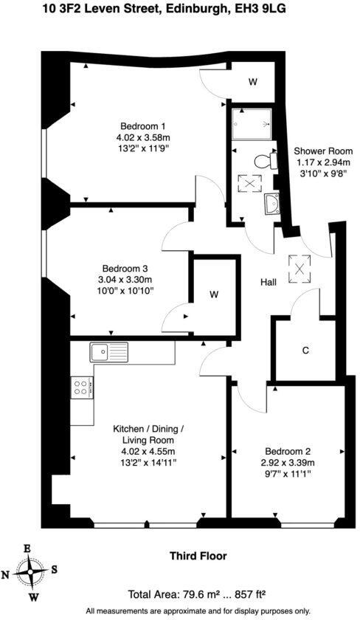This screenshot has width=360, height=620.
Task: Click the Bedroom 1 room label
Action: click(x=142, y=125)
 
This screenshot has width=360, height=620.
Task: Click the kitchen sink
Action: click(x=109, y=352)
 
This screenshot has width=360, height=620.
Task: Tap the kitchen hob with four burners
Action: click(x=81, y=386)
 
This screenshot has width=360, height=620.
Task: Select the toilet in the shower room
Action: click(x=260, y=160)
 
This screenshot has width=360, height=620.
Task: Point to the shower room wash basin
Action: click(x=271, y=204)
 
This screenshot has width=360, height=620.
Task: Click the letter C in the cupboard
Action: click(x=305, y=351)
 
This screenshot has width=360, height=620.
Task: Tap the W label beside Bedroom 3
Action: click(x=214, y=295)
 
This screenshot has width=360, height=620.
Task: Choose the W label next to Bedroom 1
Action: click(x=252, y=82)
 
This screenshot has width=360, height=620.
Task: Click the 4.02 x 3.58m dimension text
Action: click(x=142, y=137)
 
